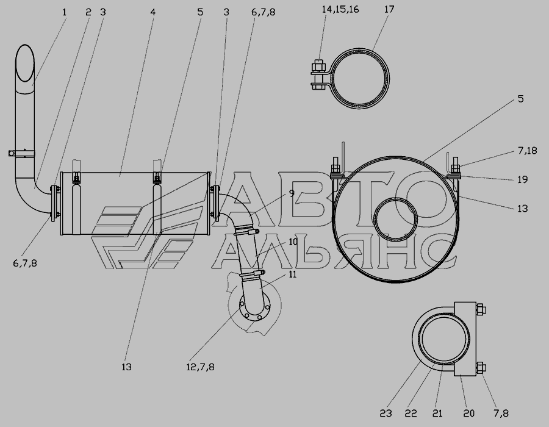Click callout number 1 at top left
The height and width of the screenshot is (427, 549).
click(64, 12)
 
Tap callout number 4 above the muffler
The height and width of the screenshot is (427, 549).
click(152, 12)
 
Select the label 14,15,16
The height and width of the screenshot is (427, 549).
click(340, 9)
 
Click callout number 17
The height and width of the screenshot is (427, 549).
click(389, 9)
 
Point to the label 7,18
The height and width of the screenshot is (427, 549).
click(527, 151)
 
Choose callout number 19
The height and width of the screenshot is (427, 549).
click(522, 179)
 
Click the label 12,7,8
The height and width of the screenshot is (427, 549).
click(200, 367)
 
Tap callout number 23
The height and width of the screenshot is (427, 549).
click(386, 414)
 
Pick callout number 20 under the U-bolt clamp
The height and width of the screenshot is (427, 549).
click(468, 414)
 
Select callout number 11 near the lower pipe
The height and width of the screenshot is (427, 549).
click(293, 274)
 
